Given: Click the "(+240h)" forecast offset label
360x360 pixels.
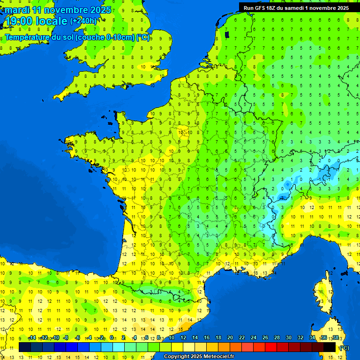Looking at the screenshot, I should (x=83, y=21).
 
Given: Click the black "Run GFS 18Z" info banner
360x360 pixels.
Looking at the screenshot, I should (x=296, y=7).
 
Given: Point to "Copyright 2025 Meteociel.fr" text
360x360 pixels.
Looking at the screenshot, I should (x=199, y=356).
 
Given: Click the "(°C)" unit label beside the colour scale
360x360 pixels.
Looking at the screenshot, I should (x=344, y=348).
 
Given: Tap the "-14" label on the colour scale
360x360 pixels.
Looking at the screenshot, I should (x=32, y=337).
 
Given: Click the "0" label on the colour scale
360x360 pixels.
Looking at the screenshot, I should (x=112, y=337).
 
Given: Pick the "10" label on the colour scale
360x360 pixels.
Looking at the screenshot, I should (x=171, y=337).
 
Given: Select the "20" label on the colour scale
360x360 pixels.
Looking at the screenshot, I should (x=230, y=337).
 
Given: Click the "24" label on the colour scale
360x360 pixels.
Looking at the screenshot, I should (x=253, y=337).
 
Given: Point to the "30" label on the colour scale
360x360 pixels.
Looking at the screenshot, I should (x=289, y=337).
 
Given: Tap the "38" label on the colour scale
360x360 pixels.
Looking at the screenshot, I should (x=336, y=337).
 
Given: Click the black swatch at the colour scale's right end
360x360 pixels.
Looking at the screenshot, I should (x=330, y=347).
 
